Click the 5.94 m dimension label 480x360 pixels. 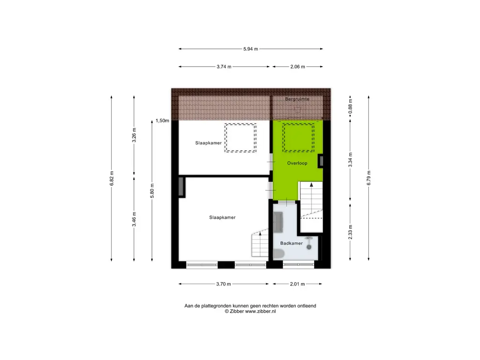[x=251, y=49]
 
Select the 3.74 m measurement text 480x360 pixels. [x=224, y=67]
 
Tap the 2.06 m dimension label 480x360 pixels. [x=298, y=67]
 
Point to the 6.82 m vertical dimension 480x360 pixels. [x=112, y=179]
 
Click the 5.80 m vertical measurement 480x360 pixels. [x=152, y=191]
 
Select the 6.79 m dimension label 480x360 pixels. [x=369, y=178]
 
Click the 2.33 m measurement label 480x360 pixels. [x=351, y=232]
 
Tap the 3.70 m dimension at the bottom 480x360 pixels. [x=224, y=284]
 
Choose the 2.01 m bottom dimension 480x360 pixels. [x=298, y=284]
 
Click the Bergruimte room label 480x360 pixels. [x=297, y=99]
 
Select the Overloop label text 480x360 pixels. [x=297, y=163]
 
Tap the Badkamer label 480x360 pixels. [x=292, y=243]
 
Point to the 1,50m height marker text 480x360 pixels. [x=162, y=120]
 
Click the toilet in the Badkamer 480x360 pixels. [x=278, y=254]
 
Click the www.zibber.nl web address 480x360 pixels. [x=261, y=311]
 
